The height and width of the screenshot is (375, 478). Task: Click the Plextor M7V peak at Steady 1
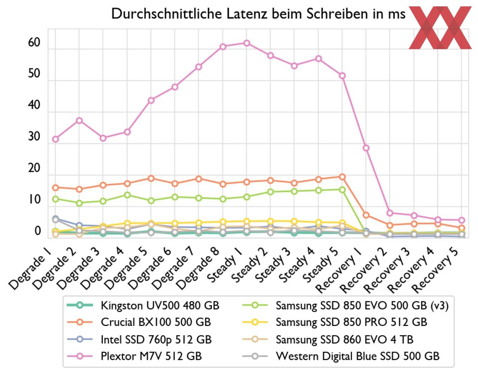coord(247,43)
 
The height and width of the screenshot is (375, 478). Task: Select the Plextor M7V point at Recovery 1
coord(366,148)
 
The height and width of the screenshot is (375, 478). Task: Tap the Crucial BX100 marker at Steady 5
coord(342,177)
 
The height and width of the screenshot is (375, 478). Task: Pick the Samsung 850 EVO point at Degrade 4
coord(127,195)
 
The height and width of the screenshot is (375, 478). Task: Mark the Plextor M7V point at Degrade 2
coord(79,121)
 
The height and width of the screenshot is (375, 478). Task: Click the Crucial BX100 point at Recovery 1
coord(366,215)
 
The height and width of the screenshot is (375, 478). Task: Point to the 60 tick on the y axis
coord(34,43)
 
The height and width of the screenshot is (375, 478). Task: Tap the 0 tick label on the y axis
coord(38,231)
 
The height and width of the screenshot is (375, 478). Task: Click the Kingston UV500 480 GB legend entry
coord(160,305)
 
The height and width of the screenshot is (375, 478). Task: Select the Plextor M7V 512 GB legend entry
coord(151,356)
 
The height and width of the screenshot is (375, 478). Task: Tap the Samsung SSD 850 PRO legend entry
coord(351,322)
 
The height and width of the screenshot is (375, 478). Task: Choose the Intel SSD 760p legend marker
coord(80,340)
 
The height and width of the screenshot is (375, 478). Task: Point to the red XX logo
coord(440,27)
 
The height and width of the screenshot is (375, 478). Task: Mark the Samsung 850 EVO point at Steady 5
coord(342,190)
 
